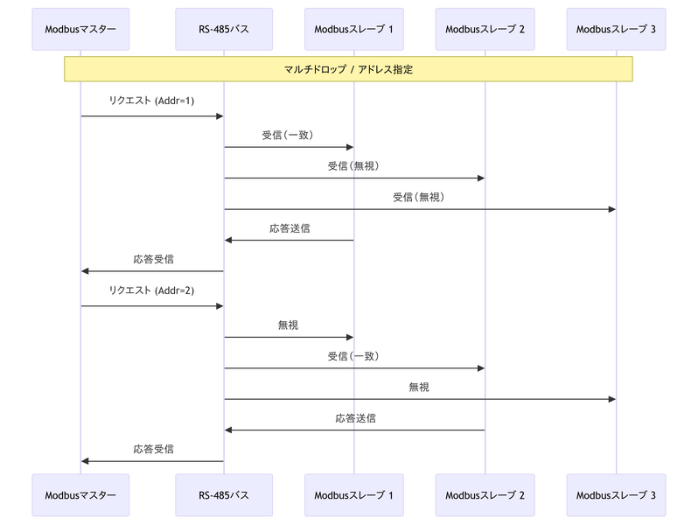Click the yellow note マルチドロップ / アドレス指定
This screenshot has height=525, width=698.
348,69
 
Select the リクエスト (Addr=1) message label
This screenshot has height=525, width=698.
152,101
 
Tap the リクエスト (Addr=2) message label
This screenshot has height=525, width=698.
152,290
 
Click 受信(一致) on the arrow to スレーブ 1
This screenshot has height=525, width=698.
288,135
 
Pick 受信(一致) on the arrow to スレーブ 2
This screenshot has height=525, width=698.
352,355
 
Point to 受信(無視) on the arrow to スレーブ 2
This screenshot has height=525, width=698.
352,165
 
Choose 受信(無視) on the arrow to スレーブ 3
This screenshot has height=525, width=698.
418,197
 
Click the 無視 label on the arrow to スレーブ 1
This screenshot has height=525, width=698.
288,325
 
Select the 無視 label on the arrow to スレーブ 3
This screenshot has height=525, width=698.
418,387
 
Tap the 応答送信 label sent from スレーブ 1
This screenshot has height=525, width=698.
289,228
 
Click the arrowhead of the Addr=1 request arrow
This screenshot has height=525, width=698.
220,116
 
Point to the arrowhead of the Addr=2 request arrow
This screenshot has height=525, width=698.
220,306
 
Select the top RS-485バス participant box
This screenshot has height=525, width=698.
223,30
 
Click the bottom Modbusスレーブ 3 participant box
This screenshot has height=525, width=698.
616,495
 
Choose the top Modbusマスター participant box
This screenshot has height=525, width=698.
80,30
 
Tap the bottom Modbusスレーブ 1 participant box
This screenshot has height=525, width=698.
353,495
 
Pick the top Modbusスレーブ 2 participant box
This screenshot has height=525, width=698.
485,30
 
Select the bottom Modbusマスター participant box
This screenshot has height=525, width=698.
80,495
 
